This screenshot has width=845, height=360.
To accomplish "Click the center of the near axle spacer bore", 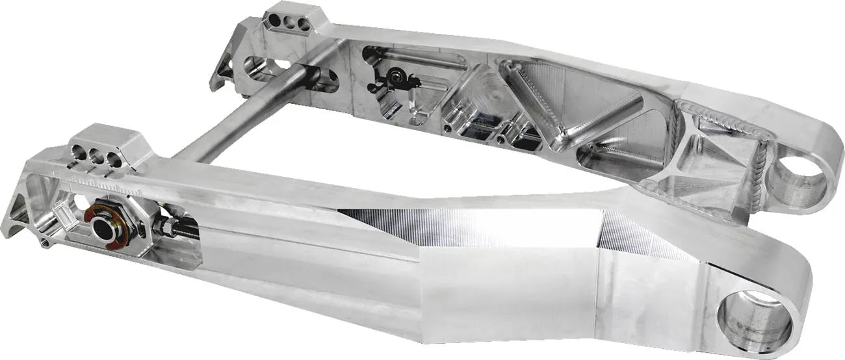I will [x=102, y=228].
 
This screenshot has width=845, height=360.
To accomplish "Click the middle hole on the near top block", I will [x=97, y=157].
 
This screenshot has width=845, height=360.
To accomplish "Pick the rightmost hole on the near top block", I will [x=114, y=160].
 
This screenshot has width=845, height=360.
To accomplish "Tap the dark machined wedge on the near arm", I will [x=416, y=224].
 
